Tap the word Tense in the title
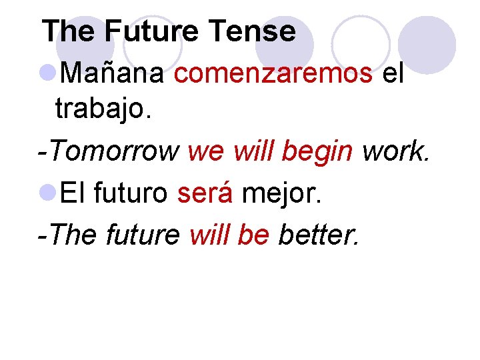pos(251,31)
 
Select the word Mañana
pos(112,75)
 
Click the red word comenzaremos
pos(273,75)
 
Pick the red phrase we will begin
pos(271,153)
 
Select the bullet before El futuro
pos(49,194)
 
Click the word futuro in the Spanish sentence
pos(131,194)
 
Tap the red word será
pos(205,194)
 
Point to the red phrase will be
pos(229,235)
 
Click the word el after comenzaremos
pos(393,75)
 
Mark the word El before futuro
pos(73,194)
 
